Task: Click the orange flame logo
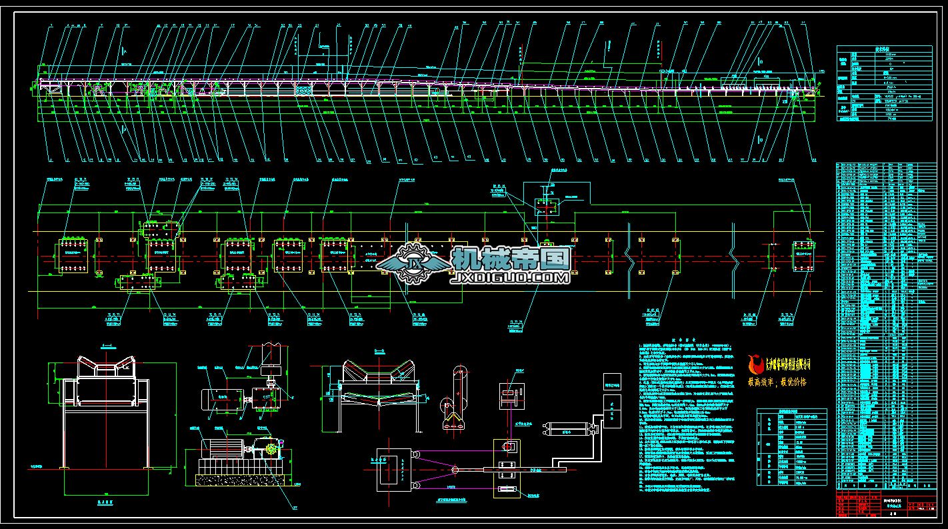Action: coord(756,364)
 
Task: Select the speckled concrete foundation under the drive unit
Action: coord(244,478)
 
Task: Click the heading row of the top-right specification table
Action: coord(884,49)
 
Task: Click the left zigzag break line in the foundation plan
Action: coord(631,257)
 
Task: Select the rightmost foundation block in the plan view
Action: coord(803,257)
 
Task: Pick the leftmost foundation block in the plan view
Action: coord(73,255)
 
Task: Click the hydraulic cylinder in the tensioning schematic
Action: coord(569,428)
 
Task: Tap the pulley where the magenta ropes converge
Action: coord(455,470)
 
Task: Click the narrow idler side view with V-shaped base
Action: coord(455,400)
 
